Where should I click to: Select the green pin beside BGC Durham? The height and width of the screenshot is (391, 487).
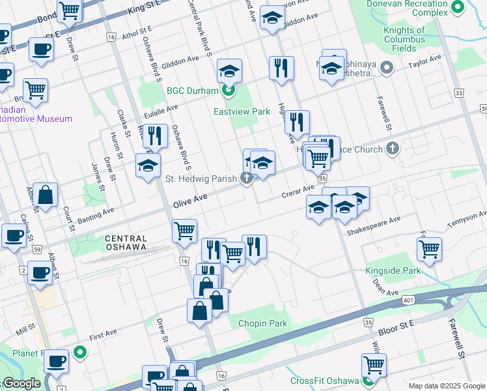click(x=229, y=91)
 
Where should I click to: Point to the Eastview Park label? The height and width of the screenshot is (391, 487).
click(x=242, y=111)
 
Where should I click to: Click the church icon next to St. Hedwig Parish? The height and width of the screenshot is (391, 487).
click(x=246, y=178)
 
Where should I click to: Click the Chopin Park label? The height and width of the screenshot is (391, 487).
click(x=262, y=323)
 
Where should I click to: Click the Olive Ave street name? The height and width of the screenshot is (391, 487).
click(x=190, y=201)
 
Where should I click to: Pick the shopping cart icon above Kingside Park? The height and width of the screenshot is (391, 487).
click(x=429, y=248)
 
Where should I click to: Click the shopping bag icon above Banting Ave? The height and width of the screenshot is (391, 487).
click(x=46, y=194)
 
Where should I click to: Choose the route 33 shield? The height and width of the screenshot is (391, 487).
click(x=460, y=93)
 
